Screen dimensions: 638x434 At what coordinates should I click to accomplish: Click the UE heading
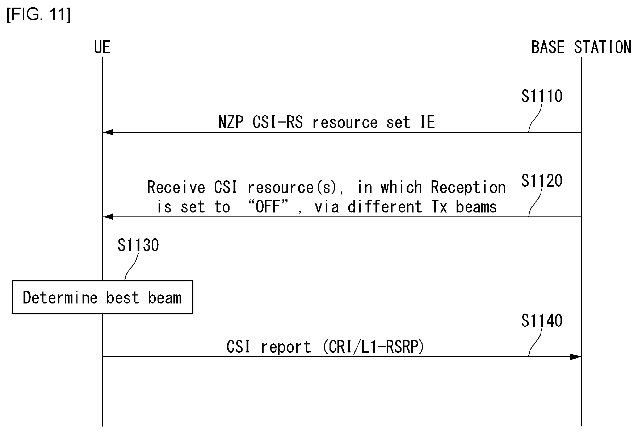click(102, 47)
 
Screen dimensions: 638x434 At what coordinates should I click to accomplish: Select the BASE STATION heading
click(581, 47)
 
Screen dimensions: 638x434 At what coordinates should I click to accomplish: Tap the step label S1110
click(542, 96)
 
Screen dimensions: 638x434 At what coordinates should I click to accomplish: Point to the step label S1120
click(542, 181)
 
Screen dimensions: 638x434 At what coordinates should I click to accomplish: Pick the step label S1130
click(138, 245)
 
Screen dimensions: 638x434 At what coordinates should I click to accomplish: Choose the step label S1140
click(542, 321)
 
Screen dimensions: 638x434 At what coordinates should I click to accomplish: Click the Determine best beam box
click(102, 297)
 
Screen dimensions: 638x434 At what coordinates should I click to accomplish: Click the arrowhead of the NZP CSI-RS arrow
click(108, 132)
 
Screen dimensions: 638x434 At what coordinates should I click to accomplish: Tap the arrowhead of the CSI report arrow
click(576, 356)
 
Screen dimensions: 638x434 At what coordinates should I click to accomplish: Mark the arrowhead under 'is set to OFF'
click(108, 217)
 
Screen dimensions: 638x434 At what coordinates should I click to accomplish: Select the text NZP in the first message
click(231, 122)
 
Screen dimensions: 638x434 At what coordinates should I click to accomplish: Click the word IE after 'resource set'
click(427, 122)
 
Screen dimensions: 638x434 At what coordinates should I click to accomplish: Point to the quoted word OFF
click(268, 207)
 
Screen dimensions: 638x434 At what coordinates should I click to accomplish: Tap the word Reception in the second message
click(468, 187)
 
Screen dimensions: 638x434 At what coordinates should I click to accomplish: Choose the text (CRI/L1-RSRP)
click(373, 347)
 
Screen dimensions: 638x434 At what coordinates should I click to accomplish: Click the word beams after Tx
click(476, 207)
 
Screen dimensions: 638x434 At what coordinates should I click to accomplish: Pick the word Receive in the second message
click(176, 187)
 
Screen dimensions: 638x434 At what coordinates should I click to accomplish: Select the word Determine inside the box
click(60, 298)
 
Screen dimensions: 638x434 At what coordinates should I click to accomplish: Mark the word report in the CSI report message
click(286, 347)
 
